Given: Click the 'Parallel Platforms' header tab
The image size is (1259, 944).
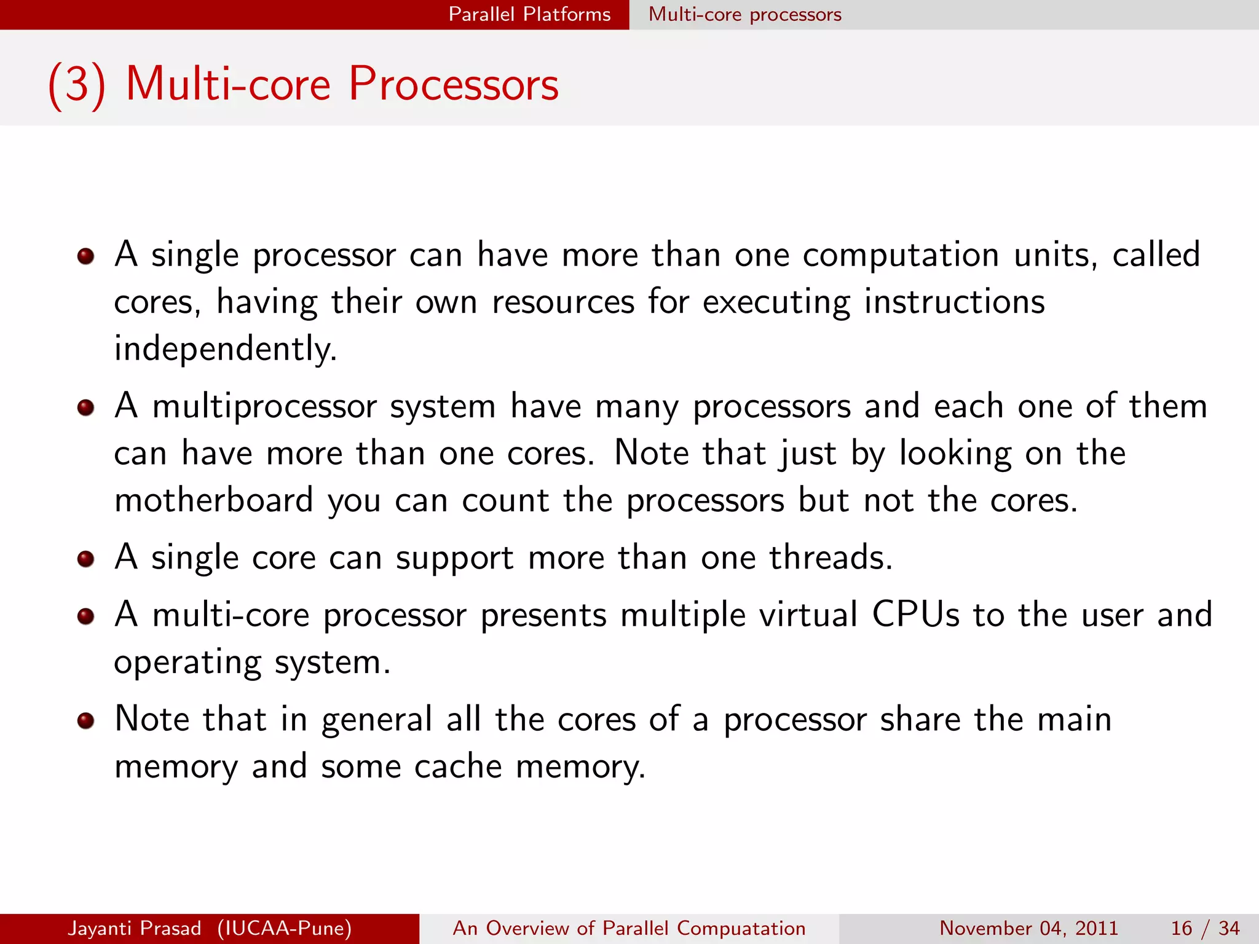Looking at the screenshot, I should (x=529, y=14).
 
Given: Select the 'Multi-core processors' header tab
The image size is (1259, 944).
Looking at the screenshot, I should (x=744, y=14).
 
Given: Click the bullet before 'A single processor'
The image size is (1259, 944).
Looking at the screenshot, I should (x=85, y=256).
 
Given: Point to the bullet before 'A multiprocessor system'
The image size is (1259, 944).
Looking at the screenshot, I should (x=85, y=407).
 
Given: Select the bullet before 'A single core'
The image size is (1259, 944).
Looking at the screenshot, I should (x=85, y=559).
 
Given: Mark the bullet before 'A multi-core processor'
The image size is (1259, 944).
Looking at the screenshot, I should (x=85, y=616).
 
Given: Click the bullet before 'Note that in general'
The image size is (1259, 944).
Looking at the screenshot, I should (x=85, y=720).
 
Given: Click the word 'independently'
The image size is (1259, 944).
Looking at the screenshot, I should (x=224, y=349).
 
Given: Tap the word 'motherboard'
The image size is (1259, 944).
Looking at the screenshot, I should (x=213, y=500).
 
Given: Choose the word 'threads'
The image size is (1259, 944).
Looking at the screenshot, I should (x=830, y=558).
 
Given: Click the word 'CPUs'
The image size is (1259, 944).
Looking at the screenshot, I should (x=915, y=615).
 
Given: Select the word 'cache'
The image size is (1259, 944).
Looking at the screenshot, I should (x=457, y=767).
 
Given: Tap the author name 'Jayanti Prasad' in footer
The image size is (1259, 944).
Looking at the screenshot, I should (x=135, y=928).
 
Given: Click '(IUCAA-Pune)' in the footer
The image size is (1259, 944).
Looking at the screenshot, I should (x=284, y=928).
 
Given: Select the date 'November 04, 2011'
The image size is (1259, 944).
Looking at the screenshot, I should (x=1028, y=928).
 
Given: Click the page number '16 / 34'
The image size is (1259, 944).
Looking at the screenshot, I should (x=1205, y=928).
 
